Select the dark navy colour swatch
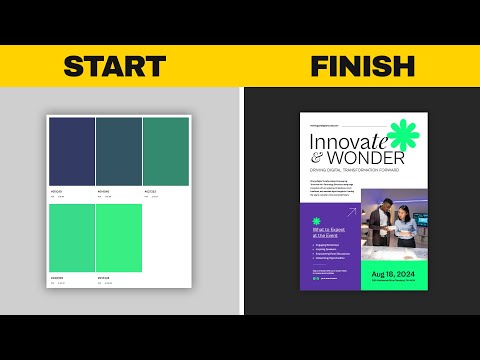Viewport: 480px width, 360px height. click(72, 150)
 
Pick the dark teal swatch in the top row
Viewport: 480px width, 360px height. click(118, 150)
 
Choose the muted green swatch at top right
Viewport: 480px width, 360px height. click(164, 150)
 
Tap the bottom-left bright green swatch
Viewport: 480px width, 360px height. click(72, 238)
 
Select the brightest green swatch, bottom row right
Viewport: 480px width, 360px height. click(118, 238)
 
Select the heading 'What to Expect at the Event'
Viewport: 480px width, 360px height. click(327, 232)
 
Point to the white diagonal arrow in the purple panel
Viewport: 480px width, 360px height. click(350, 212)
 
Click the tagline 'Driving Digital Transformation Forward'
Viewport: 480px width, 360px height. click(359, 171)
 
